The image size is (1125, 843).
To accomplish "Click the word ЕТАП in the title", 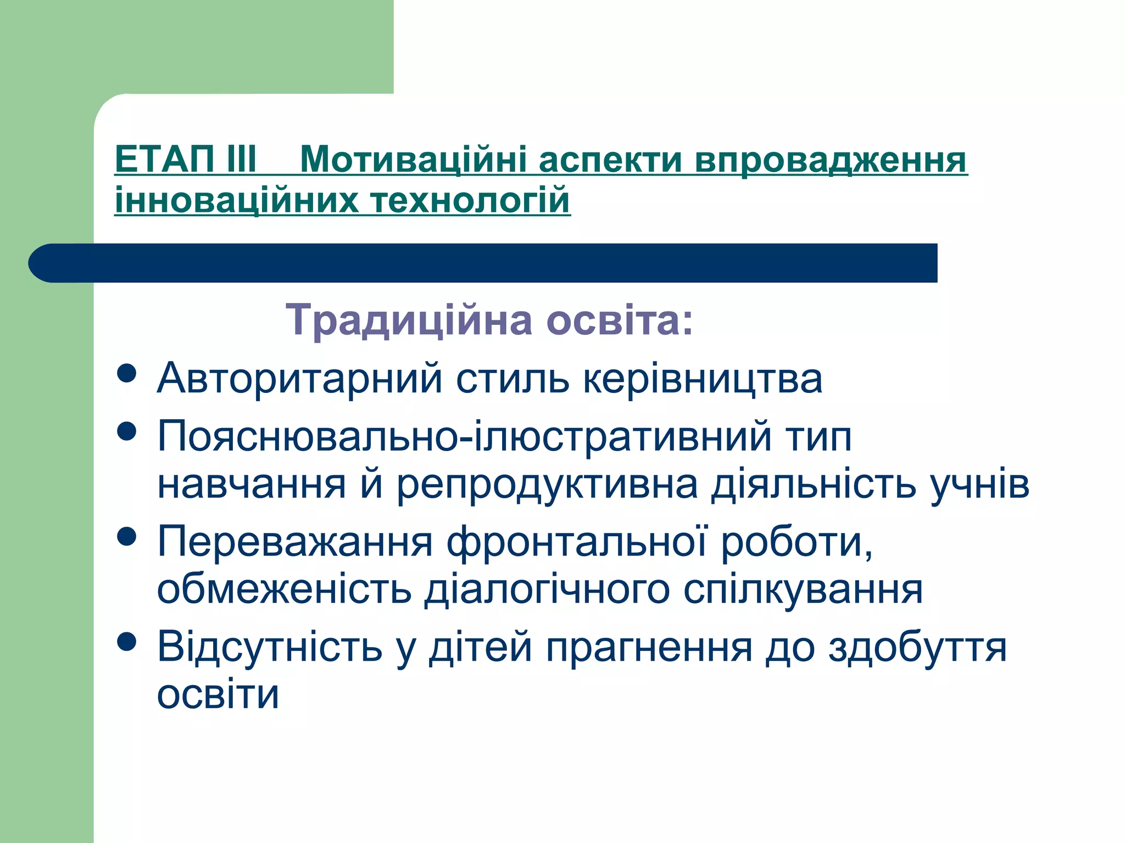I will (164, 160).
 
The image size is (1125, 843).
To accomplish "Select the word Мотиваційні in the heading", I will (413, 160).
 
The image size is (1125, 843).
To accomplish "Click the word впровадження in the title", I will (830, 160).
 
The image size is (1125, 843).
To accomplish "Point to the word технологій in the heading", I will (471, 200).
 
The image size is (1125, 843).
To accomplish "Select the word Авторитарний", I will (299, 379).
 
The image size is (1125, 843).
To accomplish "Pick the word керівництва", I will (703, 379).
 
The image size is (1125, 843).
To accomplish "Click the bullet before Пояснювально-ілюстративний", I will (127, 431).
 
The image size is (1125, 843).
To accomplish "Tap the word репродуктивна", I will (547, 485).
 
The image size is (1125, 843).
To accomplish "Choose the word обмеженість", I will (284, 589).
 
